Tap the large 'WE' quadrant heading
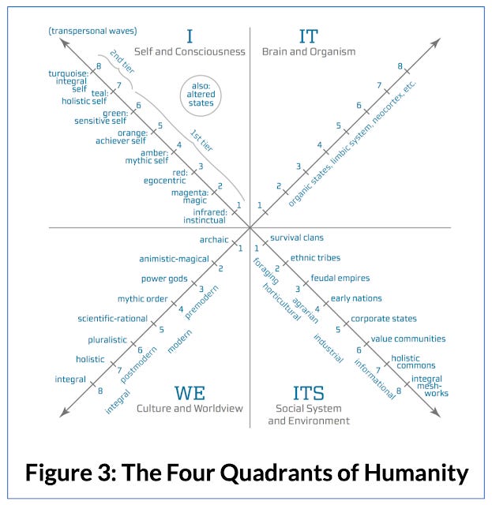[x=190, y=393]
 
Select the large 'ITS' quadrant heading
[x=309, y=393]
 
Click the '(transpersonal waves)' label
[x=93, y=31]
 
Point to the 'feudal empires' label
[x=340, y=278]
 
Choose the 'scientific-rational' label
[x=112, y=319]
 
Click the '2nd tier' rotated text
[x=122, y=62]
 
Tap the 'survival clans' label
[x=297, y=238]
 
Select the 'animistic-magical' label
[x=174, y=260]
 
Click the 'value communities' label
[x=408, y=339]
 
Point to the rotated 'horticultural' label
[x=282, y=302]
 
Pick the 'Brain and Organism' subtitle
[x=309, y=52]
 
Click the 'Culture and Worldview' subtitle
[x=190, y=409]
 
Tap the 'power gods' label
[x=164, y=279]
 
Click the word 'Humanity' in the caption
[x=416, y=473]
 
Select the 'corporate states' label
[x=384, y=319]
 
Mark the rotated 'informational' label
[x=375, y=379]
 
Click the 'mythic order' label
[x=142, y=299]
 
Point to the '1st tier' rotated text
[x=201, y=140]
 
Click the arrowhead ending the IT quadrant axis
[x=436, y=43]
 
